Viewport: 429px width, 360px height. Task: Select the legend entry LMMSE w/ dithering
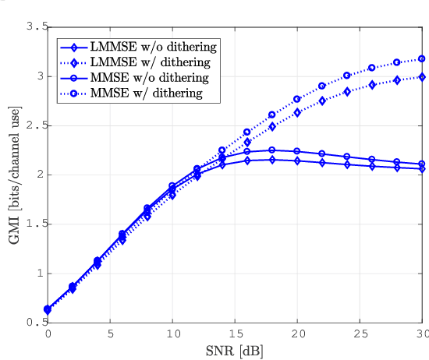pyautogui.click(x=148, y=62)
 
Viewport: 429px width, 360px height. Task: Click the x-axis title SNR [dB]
pyautogui.click(x=235, y=351)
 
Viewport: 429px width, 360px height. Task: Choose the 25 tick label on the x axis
pyautogui.click(x=360, y=334)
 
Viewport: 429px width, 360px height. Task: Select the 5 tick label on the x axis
pyautogui.click(x=110, y=334)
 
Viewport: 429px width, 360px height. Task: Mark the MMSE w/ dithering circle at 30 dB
pyautogui.click(x=422, y=58)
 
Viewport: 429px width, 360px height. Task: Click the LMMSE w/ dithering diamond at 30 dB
pyautogui.click(x=422, y=76)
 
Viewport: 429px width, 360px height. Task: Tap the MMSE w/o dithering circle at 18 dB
pyautogui.click(x=272, y=150)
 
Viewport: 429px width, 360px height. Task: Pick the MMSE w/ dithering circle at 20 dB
pyautogui.click(x=297, y=99)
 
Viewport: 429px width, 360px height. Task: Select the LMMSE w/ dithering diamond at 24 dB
pyautogui.click(x=347, y=91)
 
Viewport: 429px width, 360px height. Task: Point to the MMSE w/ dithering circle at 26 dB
pyautogui.click(x=372, y=68)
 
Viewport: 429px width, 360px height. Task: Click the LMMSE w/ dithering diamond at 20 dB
pyautogui.click(x=297, y=112)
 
